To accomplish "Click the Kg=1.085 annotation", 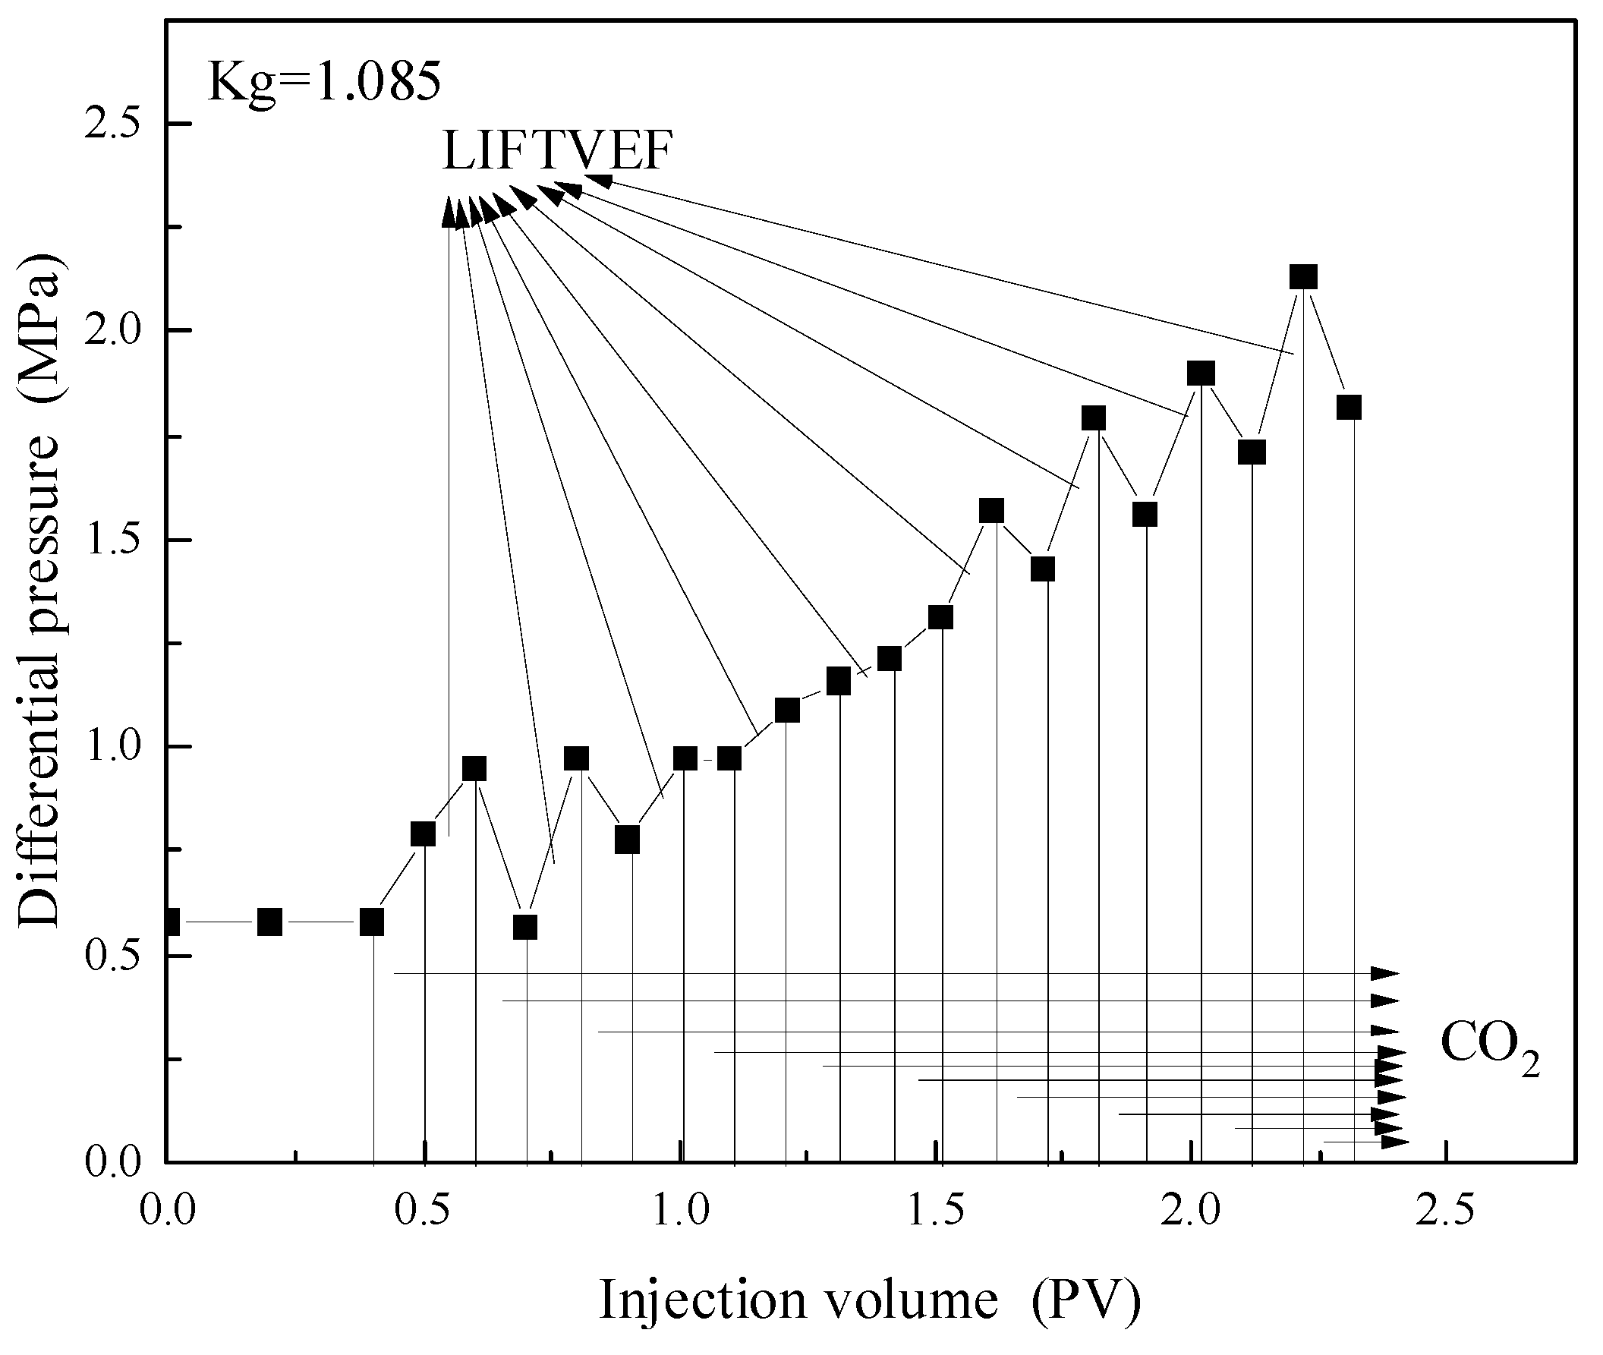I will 324,83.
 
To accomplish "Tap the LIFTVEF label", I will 558,150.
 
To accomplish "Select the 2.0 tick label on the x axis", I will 1192,1212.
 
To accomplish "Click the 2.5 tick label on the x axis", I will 1447,1212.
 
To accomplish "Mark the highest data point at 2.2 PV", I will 1303,276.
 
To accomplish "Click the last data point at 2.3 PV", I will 1349,407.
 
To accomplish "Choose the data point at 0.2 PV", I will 269,922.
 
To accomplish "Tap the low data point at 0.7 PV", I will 525,927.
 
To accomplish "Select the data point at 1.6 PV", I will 991,510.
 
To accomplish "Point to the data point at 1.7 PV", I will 1042,569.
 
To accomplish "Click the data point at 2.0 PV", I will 1201,374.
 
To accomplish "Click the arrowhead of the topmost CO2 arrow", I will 1385,974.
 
